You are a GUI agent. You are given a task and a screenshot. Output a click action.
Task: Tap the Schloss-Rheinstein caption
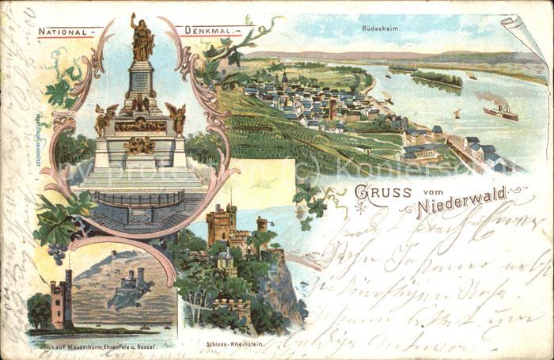click(234, 343)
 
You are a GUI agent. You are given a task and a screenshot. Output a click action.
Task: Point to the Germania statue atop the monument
click(142, 38)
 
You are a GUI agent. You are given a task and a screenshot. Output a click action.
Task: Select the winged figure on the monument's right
click(176, 117)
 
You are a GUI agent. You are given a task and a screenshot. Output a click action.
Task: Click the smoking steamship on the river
click(499, 112)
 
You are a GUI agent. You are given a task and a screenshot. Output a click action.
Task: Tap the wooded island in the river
click(436, 78)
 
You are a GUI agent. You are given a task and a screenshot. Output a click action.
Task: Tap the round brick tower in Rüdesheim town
click(332, 108)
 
